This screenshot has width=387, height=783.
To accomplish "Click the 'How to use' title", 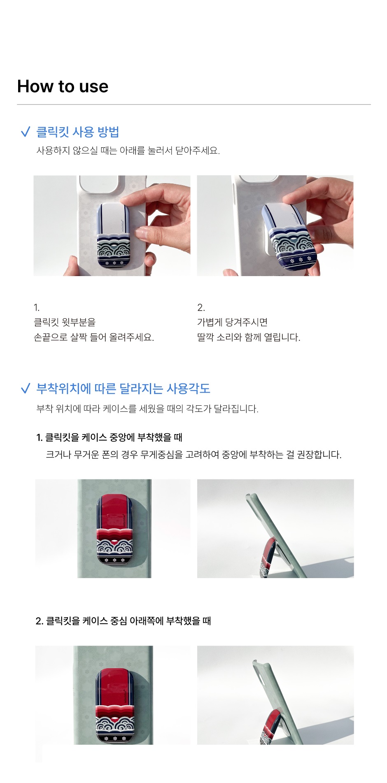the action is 63,86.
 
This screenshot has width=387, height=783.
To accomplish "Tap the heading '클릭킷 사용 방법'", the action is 78,132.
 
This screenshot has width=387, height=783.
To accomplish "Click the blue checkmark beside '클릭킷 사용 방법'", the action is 25,132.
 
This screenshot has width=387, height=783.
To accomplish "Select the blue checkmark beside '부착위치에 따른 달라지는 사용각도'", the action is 25,388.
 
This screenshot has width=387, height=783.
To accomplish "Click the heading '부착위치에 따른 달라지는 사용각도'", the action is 123,388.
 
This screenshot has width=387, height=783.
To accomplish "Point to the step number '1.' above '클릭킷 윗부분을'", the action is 37,307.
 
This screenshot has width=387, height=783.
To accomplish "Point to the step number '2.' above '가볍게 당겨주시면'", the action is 201,307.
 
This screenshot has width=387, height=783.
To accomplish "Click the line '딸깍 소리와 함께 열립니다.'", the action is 249,337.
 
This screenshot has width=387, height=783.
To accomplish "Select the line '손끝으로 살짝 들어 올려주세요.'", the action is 94,337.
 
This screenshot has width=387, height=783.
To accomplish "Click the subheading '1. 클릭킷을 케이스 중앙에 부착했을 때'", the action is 109,437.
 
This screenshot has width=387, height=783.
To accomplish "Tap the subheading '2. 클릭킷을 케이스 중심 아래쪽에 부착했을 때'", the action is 123,621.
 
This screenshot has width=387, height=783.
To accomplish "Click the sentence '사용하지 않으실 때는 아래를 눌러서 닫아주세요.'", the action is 128,151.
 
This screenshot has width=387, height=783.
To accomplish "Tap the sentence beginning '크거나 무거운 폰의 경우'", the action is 193,455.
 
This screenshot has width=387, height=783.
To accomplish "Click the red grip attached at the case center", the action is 114,530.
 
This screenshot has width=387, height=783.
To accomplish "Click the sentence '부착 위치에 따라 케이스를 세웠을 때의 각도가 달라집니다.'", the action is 147,409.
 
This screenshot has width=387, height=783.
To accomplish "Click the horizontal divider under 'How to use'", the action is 193,105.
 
